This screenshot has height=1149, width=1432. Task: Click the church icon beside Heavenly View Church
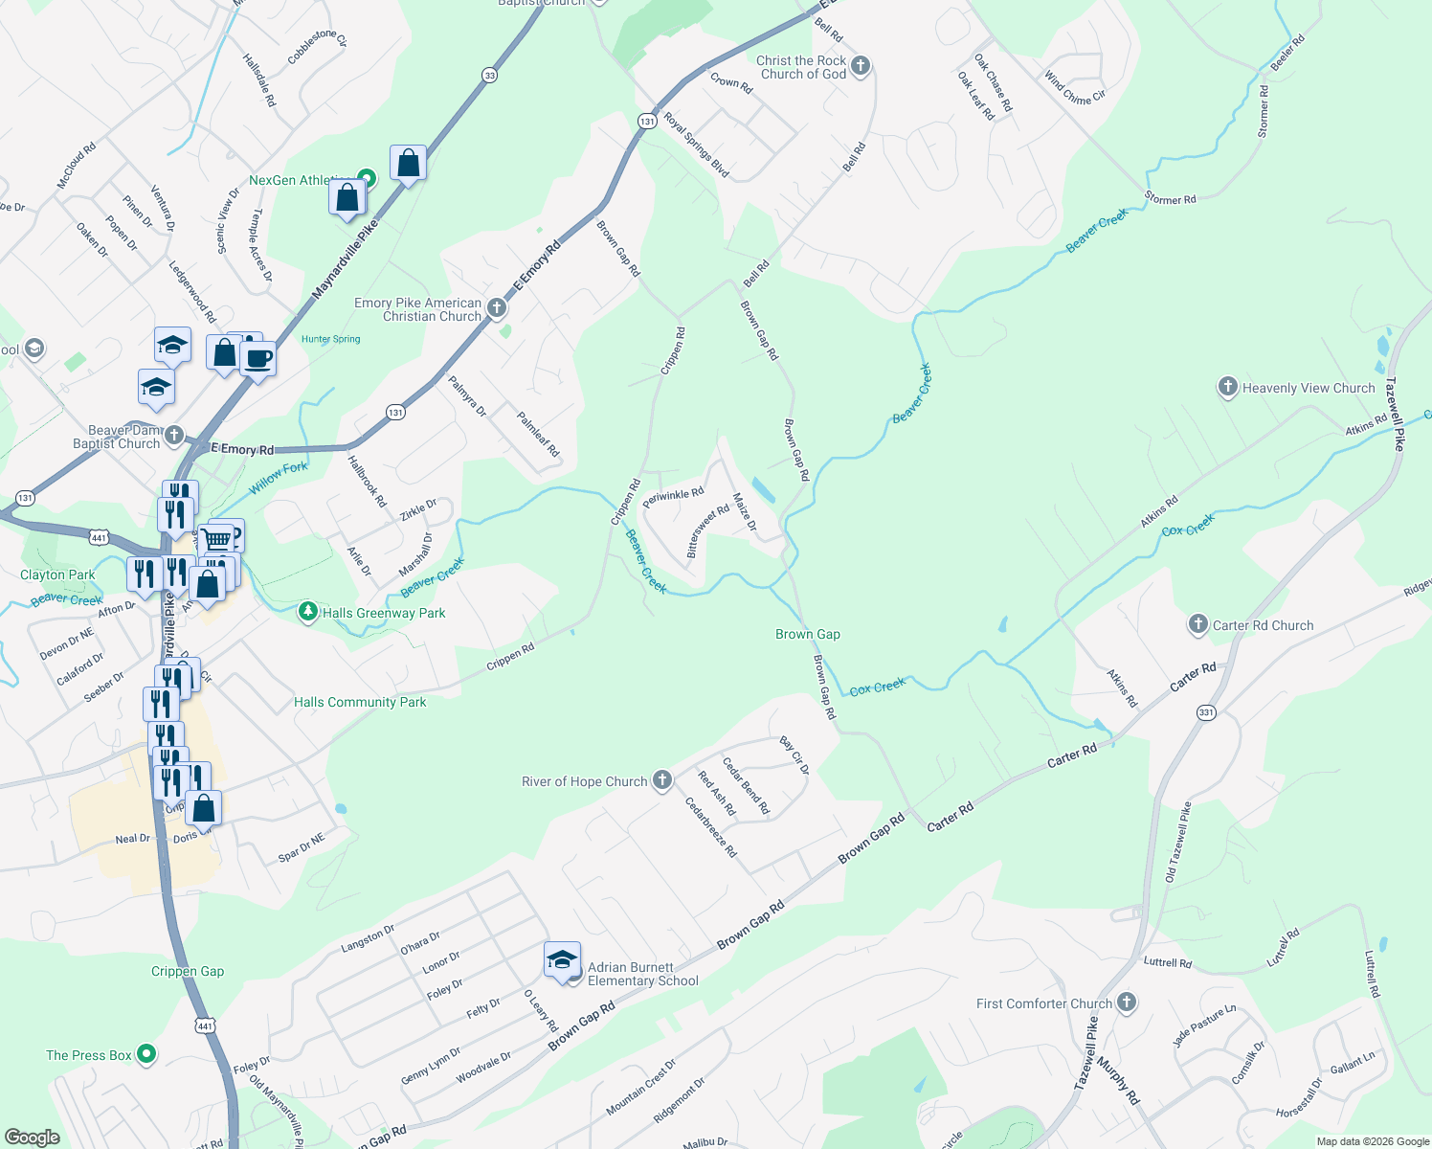(x=1227, y=388)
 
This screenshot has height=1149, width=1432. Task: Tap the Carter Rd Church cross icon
(x=1197, y=625)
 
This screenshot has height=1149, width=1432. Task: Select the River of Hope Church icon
(x=662, y=780)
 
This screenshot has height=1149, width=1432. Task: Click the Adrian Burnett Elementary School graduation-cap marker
(x=562, y=960)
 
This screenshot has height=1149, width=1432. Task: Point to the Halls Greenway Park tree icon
(x=307, y=612)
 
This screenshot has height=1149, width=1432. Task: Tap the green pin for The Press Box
(x=146, y=1055)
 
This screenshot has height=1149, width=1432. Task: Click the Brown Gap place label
(x=808, y=634)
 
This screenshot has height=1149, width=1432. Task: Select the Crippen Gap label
(x=188, y=971)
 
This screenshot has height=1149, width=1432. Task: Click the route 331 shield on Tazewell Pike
(x=1206, y=712)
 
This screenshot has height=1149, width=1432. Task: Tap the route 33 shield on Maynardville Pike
(x=489, y=76)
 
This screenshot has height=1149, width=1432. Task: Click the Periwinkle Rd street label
(x=673, y=498)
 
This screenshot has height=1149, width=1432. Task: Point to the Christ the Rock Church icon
(x=861, y=66)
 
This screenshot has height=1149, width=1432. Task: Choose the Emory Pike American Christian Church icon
(x=496, y=308)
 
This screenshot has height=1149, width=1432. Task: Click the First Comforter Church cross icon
(x=1127, y=1003)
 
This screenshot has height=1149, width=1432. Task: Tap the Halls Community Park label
(x=360, y=702)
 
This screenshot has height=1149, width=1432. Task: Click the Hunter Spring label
(x=331, y=339)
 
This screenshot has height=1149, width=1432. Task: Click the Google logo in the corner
(x=33, y=1137)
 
